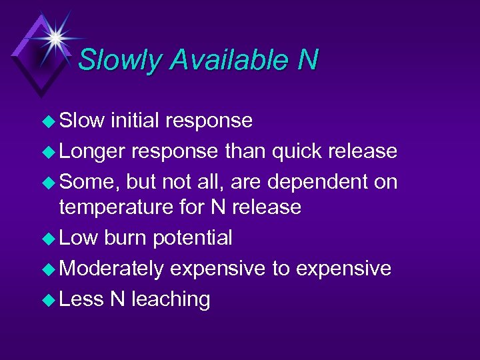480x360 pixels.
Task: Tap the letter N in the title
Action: tap(307, 60)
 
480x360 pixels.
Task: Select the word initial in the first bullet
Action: tap(135, 121)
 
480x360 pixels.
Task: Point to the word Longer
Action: tap(92, 151)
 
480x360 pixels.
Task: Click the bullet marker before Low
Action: tap(49, 239)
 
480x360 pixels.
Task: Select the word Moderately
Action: tap(111, 269)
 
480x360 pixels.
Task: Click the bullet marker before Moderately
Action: tap(49, 269)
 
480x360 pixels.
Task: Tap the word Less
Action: tap(81, 299)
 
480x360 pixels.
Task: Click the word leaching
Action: tap(171, 300)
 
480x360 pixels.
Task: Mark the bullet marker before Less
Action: tap(49, 300)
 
